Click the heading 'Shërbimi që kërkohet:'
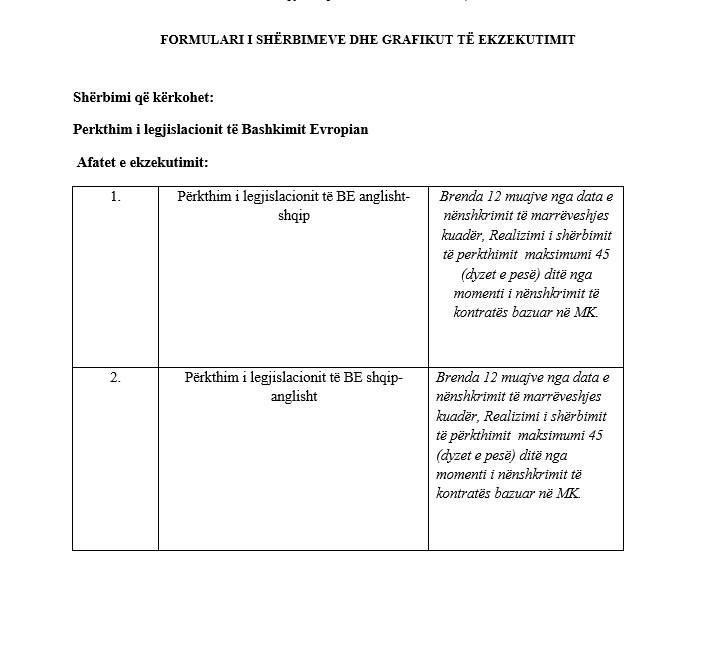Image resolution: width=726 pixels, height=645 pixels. tap(143, 98)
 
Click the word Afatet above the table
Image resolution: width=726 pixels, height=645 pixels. tap(100, 162)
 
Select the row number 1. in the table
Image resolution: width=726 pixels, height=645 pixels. tap(115, 197)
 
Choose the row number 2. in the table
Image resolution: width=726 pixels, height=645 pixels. tap(115, 378)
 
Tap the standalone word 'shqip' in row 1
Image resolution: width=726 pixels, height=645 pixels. tap(293, 216)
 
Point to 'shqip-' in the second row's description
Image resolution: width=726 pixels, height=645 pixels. tap(382, 378)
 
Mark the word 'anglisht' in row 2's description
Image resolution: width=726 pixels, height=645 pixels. tap(293, 397)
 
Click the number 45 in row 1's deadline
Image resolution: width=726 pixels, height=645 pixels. tap(601, 254)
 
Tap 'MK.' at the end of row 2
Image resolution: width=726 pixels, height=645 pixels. tap(569, 493)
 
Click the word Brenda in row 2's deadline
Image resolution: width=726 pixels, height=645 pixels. tap(459, 378)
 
